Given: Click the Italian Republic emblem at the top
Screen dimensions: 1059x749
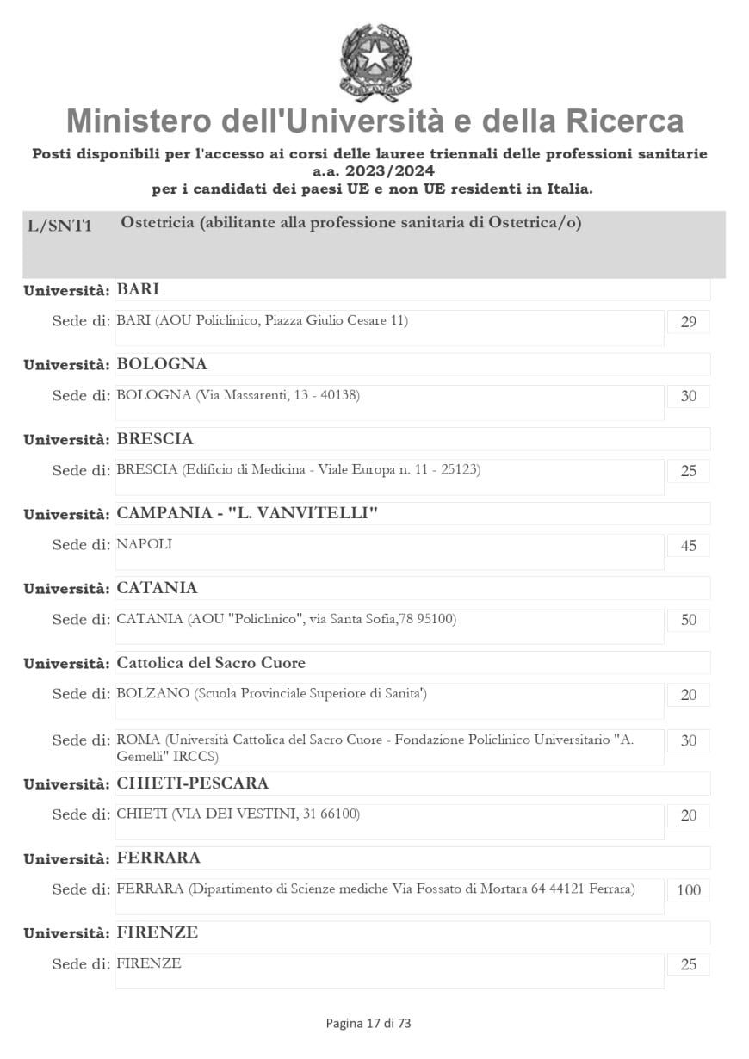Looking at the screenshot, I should pos(375,63).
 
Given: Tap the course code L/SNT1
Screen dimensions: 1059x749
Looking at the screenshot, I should pos(59,226).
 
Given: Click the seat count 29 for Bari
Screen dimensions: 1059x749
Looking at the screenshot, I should pos(688,323).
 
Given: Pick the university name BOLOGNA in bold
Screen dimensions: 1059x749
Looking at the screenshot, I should pos(162,364).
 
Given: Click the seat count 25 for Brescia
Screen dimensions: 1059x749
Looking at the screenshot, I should pos(688,472).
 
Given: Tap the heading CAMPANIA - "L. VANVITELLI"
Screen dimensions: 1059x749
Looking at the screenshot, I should pos(247,514).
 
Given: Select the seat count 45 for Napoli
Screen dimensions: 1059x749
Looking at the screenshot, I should pos(688,546).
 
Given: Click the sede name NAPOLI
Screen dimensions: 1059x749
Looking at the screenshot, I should pos(145,544).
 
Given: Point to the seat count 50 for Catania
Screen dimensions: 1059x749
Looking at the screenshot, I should pos(688,621).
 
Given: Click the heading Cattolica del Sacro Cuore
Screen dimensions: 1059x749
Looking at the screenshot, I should pos(211,663).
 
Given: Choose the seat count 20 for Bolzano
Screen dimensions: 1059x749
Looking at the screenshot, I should pos(688,695).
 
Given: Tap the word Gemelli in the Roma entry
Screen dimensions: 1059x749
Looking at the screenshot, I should pos(140,757).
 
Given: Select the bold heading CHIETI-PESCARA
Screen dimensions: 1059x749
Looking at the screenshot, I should pos(192,783).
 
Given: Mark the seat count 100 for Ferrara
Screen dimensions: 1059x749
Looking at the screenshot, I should pos(688,890).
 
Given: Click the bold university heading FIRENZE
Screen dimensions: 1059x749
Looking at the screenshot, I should pos(157,932).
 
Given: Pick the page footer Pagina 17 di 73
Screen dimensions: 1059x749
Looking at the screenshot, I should pos(368,1023).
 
